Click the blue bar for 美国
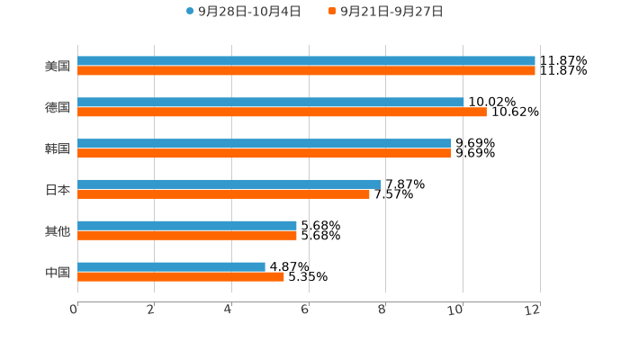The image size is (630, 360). [306, 61]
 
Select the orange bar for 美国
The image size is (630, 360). [306, 71]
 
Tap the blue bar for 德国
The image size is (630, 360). [270, 103]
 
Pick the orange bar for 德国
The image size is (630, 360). [282, 112]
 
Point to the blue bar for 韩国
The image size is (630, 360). [265, 144]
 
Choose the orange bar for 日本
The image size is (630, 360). [223, 194]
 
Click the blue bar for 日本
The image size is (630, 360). [229, 184]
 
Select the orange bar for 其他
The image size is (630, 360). [187, 236]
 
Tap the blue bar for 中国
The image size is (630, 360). [171, 267]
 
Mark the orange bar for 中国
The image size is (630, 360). [181, 277]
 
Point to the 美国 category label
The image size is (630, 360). [58, 67]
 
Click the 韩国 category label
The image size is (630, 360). [58, 148]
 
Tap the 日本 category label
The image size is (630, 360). [58, 190]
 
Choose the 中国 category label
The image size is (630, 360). [58, 273]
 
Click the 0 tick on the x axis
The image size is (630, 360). [75, 310]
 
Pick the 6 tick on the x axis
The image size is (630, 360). [306, 310]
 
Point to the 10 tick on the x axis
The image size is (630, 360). [458, 310]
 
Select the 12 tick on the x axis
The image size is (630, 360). [534, 310]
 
